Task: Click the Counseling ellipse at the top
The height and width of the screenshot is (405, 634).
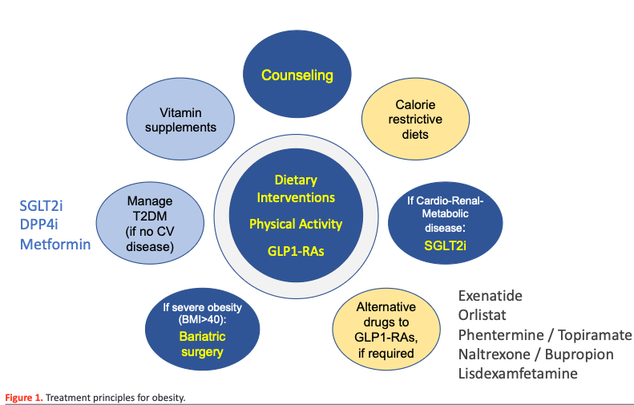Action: [x=297, y=76]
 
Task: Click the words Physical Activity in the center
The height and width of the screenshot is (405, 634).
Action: [x=296, y=224]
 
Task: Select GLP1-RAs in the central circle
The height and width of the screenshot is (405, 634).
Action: [x=296, y=250]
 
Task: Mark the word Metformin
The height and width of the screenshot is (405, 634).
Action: [x=55, y=244]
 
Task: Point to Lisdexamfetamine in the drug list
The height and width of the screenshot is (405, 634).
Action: [x=518, y=374]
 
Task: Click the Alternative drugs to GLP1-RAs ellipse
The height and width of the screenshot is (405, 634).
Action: [x=386, y=330]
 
